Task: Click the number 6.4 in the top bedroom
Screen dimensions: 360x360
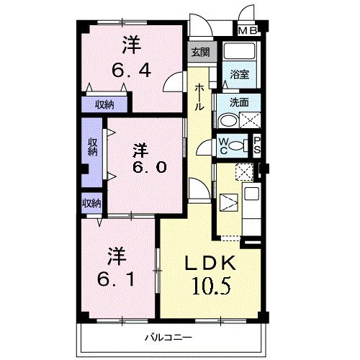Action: coord(130,71)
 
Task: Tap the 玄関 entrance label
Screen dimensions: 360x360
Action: coord(200,52)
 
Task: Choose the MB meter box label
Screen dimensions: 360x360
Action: coord(247,30)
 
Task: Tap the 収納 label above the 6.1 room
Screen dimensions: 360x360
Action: coord(91,203)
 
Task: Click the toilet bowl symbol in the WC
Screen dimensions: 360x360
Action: coord(237,144)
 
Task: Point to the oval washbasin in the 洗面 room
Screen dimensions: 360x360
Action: coord(243,120)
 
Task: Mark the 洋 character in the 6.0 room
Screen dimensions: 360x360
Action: coord(140,150)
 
